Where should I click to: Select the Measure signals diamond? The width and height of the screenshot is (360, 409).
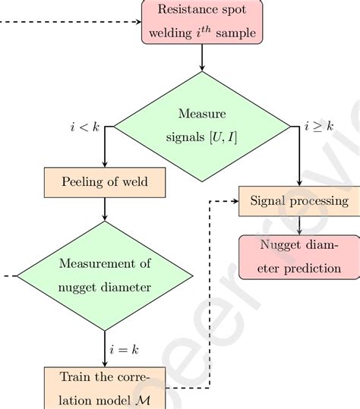[201, 126]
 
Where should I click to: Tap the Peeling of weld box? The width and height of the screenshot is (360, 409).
[105, 183]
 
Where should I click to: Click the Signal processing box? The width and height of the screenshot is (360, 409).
[298, 201]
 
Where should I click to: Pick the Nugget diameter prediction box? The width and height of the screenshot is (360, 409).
[299, 256]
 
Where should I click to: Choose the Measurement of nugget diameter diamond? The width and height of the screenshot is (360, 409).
[105, 275]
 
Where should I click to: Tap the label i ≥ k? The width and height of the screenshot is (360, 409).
[319, 127]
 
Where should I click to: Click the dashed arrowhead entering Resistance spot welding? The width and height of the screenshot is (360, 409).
[137, 20]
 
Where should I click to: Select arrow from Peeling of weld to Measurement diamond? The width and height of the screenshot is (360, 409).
[105, 209]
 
